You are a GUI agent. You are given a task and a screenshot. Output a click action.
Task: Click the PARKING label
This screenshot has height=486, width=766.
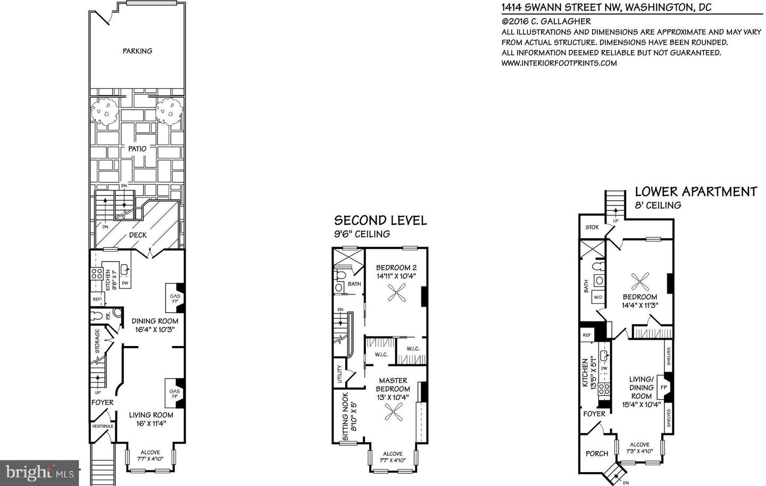(137, 51)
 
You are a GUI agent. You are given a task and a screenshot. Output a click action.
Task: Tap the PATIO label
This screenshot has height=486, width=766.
(137, 149)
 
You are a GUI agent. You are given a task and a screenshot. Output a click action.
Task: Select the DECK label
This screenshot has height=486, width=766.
(137, 235)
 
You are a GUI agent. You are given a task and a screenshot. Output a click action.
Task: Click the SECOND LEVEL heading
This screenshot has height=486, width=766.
(380, 220)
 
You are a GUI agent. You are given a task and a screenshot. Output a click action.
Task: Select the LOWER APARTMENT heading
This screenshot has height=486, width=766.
(696, 192)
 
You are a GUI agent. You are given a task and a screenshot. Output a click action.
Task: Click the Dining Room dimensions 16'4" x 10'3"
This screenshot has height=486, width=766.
(155, 330)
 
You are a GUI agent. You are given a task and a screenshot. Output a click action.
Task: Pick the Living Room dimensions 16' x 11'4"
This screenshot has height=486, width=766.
(152, 424)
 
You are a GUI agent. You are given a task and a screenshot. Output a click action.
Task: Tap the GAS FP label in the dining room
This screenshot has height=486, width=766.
(174, 299)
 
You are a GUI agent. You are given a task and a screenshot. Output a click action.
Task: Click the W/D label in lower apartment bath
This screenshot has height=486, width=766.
(598, 297)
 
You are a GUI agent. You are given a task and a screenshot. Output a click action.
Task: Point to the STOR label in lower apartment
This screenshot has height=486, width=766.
(592, 227)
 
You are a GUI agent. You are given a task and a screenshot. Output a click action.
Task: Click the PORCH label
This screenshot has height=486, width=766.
(596, 454)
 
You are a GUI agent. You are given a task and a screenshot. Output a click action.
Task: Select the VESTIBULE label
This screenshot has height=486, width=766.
(102, 426)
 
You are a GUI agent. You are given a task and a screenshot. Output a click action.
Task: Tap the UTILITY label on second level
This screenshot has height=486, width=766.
(339, 373)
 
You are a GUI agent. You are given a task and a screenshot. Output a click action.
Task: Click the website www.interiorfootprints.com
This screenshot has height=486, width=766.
(559, 63)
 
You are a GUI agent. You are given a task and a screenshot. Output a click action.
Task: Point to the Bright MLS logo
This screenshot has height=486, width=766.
(40, 472)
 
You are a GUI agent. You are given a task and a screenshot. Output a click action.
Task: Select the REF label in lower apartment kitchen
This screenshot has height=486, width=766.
(587, 335)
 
